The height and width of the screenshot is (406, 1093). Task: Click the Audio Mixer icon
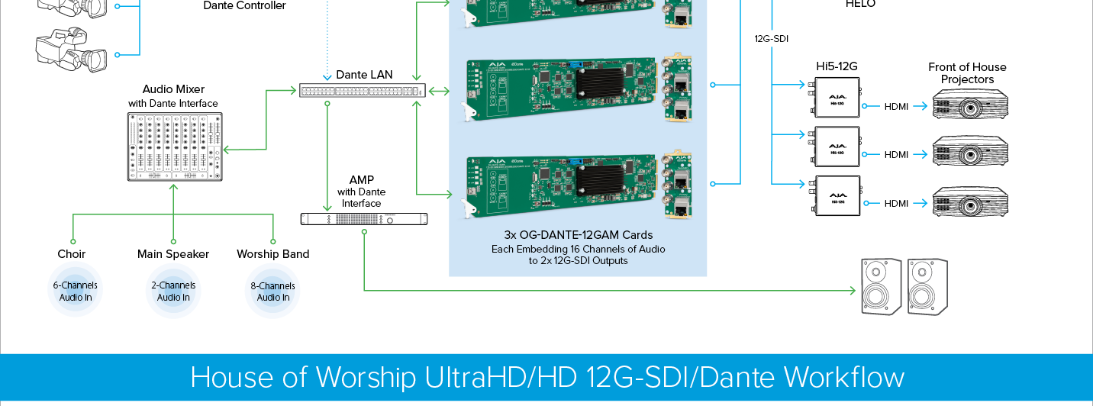tap(175, 147)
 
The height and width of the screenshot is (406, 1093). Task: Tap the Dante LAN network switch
tap(360, 91)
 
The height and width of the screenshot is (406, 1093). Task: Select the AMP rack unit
tap(364, 219)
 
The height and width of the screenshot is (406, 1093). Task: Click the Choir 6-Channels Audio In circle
tap(75, 292)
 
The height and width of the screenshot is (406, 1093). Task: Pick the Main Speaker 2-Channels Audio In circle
tap(173, 292)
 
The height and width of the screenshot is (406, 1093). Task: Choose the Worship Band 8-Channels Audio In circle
tap(272, 292)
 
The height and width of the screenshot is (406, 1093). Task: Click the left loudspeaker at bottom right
tap(881, 285)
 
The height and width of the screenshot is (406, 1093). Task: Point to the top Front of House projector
tap(970, 105)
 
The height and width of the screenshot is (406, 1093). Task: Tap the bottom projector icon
tap(970, 202)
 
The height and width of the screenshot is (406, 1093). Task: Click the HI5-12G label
tap(836, 66)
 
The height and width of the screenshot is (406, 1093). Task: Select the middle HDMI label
tap(896, 155)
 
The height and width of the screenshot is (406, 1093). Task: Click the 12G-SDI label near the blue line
tap(770, 38)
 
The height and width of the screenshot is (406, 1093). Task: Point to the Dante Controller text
tap(244, 6)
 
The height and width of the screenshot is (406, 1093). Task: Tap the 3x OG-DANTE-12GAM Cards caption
tap(578, 235)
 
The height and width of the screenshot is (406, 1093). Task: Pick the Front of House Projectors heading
tap(967, 73)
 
